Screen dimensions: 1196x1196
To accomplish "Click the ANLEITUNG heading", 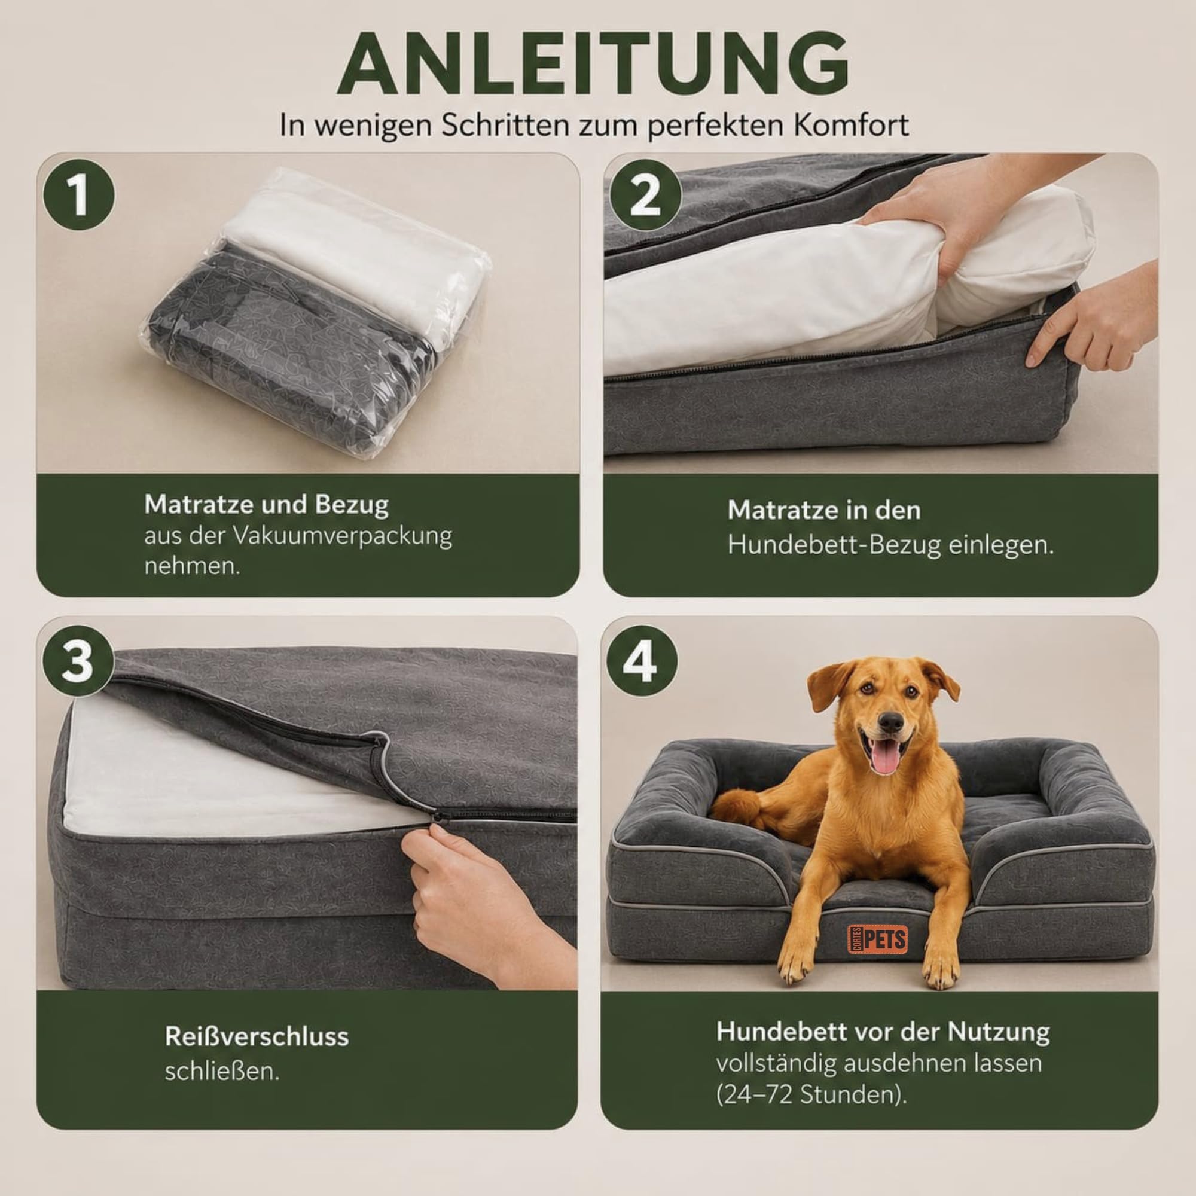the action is pos(593,64).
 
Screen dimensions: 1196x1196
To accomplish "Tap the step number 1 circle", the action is pos(78,195).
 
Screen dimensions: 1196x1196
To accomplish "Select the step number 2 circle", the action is pos(645,195).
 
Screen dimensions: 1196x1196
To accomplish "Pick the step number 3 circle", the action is pos(78,661).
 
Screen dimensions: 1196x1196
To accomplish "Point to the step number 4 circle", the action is pos(642,661).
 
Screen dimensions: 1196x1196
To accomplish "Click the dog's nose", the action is pos(890,721).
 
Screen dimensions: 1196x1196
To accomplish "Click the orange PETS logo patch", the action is pos(877,938).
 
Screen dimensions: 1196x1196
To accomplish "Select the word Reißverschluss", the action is pos(257,1036).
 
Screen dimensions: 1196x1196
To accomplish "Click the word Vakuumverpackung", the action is pos(342,536).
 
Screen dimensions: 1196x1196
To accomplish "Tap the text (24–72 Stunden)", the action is pos(811,1094).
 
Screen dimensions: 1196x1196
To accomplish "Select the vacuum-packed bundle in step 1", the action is pos(316,313).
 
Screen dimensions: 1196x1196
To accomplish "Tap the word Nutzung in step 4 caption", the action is pos(999,1032).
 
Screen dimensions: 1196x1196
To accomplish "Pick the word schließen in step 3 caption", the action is pos(222,1071).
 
